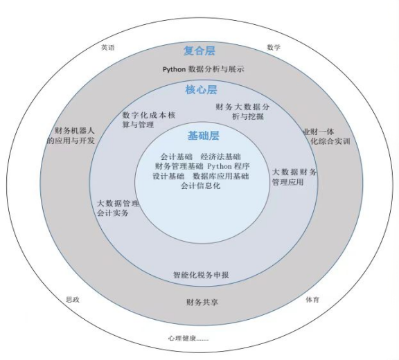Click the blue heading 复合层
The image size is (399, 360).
(199, 51)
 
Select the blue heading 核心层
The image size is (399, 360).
(201, 90)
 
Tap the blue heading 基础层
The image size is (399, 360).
(204, 136)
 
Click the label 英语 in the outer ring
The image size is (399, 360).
(108, 48)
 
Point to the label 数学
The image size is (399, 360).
(274, 47)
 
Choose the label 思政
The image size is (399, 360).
(73, 300)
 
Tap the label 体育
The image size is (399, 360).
(312, 300)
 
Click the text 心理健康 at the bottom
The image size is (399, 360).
(181, 339)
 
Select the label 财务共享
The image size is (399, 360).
(202, 303)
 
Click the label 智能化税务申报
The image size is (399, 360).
(201, 275)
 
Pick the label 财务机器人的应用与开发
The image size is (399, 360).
(71, 136)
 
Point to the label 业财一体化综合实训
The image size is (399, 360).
(326, 136)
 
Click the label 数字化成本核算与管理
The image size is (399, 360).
(149, 120)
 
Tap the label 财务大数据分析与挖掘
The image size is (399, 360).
(242, 111)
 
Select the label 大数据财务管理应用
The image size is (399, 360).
(294, 177)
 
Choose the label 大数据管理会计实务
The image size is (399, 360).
(118, 208)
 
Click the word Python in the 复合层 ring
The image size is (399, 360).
(174, 69)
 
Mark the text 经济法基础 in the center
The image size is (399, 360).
(220, 156)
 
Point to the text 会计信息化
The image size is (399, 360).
(200, 186)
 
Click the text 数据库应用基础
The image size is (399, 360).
(221, 176)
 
